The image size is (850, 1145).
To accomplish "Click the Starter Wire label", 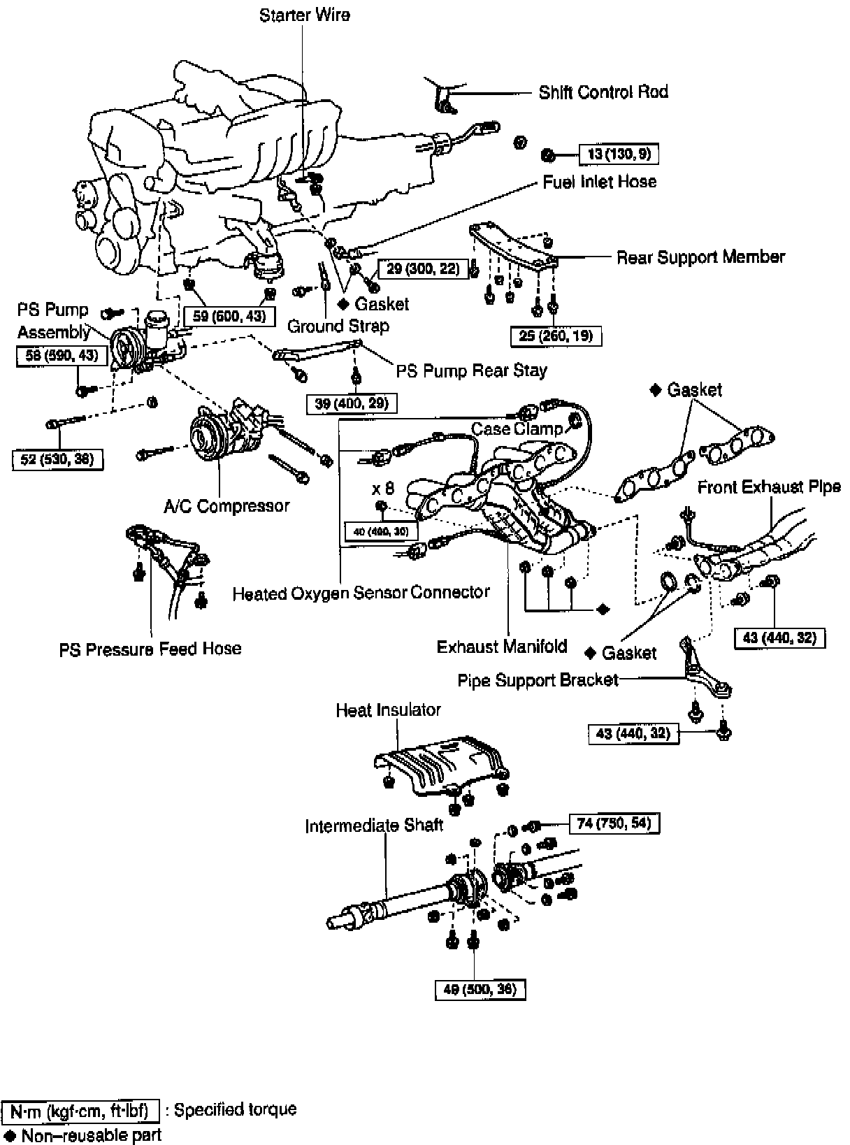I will [304, 15].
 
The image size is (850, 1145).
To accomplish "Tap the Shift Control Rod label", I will [603, 92].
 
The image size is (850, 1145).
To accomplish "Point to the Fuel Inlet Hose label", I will [599, 182].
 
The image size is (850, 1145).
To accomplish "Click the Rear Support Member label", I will [700, 257].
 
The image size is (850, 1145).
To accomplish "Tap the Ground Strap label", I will [338, 326].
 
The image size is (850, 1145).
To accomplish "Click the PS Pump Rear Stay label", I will [471, 370].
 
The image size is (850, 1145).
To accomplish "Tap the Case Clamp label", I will [517, 428].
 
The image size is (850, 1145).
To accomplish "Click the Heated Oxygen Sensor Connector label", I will [361, 593].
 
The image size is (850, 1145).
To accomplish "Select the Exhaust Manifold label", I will [501, 647].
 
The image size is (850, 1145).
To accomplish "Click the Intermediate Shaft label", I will [373, 826].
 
